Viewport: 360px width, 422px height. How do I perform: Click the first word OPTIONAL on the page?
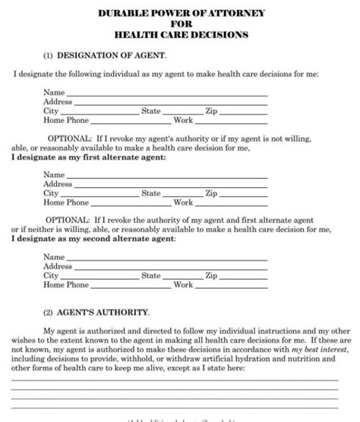(x=68, y=138)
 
